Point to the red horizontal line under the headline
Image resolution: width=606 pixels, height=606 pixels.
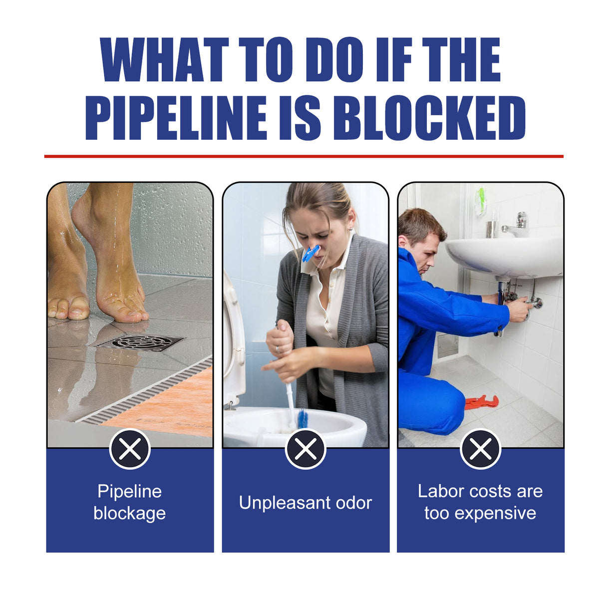pyautogui.click(x=303, y=156)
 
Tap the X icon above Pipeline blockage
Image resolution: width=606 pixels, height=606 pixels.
pyautogui.click(x=130, y=449)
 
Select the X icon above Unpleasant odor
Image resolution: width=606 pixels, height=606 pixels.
pyautogui.click(x=305, y=449)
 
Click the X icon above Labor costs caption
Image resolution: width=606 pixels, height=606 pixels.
pyautogui.click(x=481, y=449)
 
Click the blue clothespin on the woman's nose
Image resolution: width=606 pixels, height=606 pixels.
pyautogui.click(x=310, y=253)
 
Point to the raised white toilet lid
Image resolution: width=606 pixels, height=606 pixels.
pyautogui.click(x=233, y=339)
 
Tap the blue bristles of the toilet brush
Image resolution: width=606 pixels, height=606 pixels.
pyautogui.click(x=302, y=418)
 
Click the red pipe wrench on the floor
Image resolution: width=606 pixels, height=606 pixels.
pyautogui.click(x=482, y=401)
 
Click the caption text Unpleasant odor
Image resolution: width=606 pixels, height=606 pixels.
pyautogui.click(x=305, y=503)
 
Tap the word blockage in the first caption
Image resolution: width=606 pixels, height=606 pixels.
pyautogui.click(x=130, y=513)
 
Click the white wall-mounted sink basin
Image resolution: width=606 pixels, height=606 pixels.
pyautogui.click(x=504, y=257)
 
